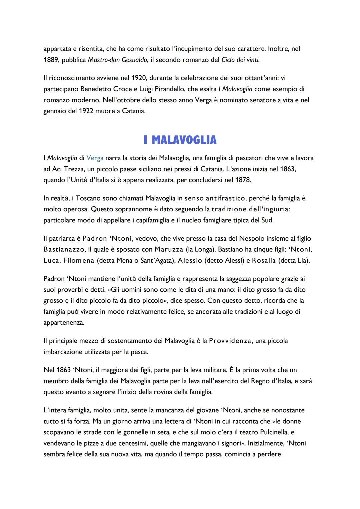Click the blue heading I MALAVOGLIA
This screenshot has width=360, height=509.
point(180,140)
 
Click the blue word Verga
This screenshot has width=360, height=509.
point(95,158)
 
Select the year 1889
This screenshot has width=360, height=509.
point(51,60)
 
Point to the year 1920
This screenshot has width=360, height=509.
point(139,78)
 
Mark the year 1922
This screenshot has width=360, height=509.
point(86,111)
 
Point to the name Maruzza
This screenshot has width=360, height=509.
point(169,250)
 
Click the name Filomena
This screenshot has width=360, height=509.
point(79,261)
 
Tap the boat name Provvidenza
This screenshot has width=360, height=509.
point(230,341)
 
